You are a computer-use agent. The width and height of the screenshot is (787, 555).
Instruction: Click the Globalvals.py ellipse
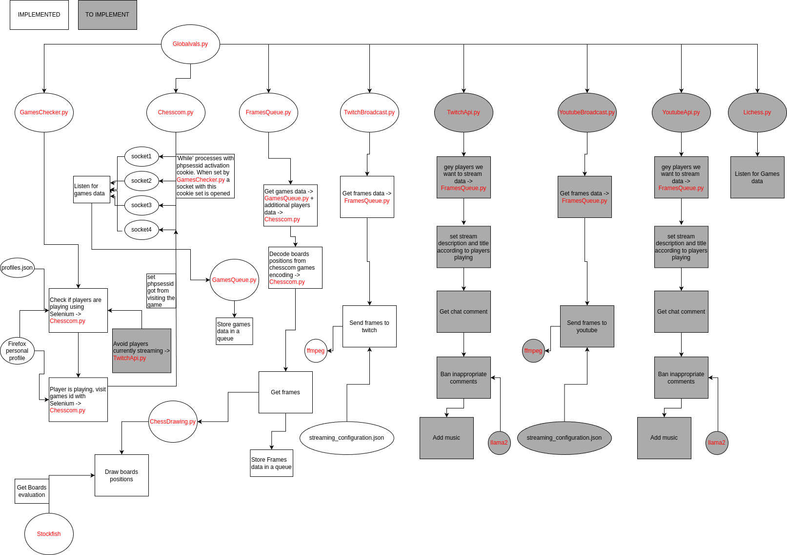point(190,44)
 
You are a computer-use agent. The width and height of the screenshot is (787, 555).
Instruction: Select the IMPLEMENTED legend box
point(39,15)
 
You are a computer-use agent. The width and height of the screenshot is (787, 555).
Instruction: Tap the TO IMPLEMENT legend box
point(107,15)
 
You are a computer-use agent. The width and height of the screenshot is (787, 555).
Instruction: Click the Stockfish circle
point(49,534)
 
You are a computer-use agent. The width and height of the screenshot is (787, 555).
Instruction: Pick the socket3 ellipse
point(141,205)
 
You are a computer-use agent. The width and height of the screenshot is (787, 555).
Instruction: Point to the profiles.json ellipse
point(17,268)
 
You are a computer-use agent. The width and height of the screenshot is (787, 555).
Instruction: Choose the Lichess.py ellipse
point(757,112)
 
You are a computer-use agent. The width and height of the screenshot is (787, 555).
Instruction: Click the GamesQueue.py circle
point(234,280)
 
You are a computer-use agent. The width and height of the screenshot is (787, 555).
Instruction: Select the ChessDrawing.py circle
point(173,422)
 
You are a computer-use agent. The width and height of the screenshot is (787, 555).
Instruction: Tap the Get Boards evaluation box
point(32,491)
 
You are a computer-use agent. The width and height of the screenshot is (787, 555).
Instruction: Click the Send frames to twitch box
point(369,326)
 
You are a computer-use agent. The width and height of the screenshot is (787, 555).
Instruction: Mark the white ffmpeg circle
point(316,351)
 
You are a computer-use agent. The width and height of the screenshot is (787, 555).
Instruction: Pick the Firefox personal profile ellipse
point(17,351)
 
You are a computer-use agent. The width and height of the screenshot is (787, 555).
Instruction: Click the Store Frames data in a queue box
point(271,463)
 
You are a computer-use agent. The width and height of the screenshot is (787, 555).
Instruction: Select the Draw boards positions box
point(121,475)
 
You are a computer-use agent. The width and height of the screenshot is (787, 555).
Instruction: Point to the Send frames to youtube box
point(587,326)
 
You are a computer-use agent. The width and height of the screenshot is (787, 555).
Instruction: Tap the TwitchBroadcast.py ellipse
point(369,112)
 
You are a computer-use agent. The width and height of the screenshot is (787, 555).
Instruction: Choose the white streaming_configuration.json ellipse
point(346,438)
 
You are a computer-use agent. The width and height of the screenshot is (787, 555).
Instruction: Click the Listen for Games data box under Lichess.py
point(757,177)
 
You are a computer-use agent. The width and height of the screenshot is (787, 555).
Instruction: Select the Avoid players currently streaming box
point(141,351)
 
